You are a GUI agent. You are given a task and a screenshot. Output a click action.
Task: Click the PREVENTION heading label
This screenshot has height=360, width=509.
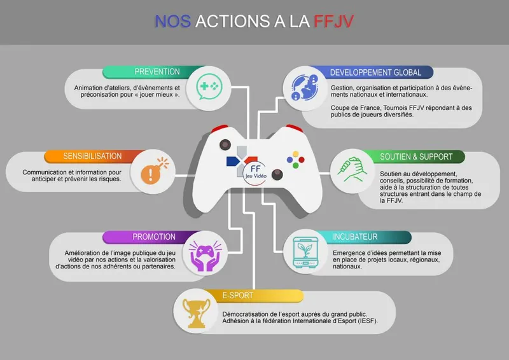(157, 72)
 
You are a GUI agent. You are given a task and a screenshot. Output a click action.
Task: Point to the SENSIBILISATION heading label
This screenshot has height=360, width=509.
(92, 156)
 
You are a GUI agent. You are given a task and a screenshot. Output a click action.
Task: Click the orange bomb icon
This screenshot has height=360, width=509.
(150, 172)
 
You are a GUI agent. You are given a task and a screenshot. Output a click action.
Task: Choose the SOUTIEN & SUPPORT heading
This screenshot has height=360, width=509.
(416, 156)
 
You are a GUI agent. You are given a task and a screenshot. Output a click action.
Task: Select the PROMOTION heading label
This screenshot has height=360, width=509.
(154, 237)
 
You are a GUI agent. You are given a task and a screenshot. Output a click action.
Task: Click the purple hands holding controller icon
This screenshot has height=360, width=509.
(204, 253)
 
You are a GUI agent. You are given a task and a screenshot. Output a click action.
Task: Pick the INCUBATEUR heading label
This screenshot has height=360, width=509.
(355, 237)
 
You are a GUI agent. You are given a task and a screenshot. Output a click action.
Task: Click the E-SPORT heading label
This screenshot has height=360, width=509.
(238, 295)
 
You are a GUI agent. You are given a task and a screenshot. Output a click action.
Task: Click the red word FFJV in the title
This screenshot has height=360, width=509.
(334, 21)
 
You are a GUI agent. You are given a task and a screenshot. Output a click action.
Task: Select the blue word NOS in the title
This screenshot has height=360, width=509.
(172, 21)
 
